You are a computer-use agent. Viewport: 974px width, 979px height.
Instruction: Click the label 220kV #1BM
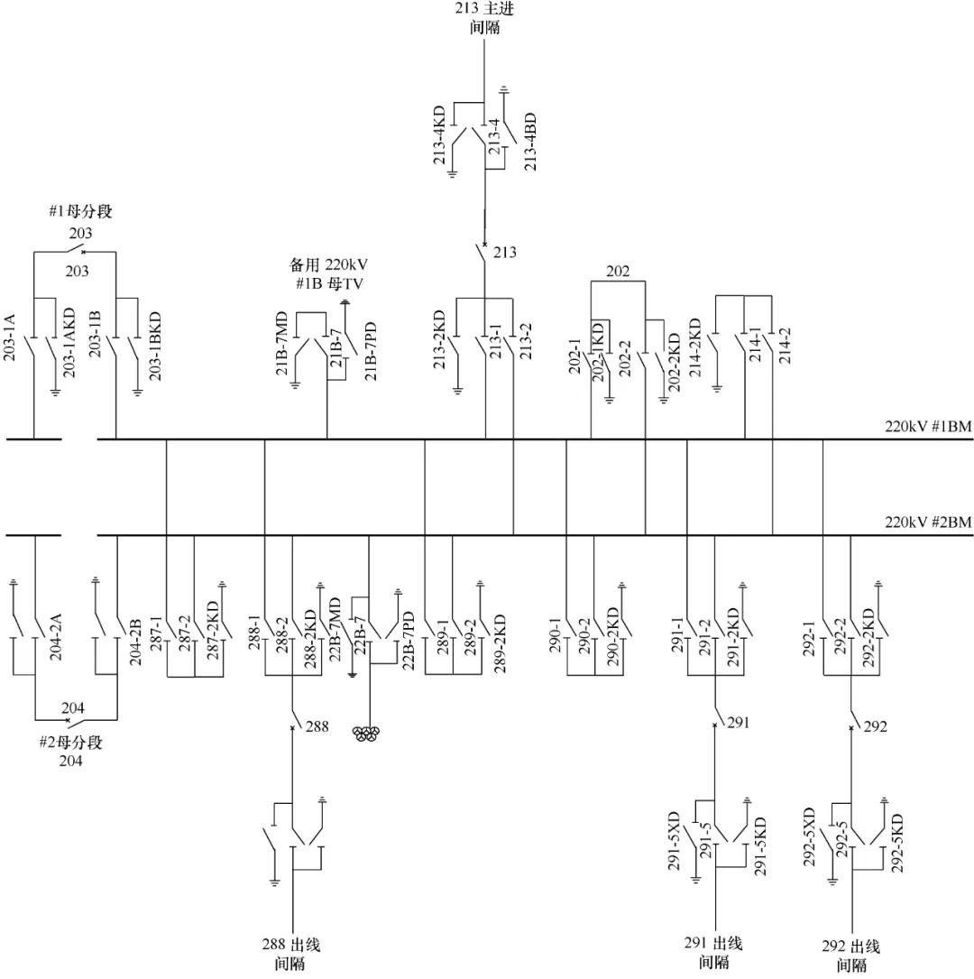pyautogui.click(x=927, y=427)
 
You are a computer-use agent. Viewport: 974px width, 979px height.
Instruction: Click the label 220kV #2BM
pyautogui.click(x=927, y=522)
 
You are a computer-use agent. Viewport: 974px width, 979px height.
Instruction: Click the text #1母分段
pyautogui.click(x=80, y=213)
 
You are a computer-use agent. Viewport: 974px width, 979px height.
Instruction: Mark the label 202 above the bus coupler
pyautogui.click(x=618, y=271)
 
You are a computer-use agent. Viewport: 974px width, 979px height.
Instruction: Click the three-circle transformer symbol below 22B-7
pyautogui.click(x=368, y=734)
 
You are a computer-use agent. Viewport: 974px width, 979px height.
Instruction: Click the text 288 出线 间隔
pyautogui.click(x=290, y=955)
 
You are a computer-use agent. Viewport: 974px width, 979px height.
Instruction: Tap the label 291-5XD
pyautogui.click(x=674, y=842)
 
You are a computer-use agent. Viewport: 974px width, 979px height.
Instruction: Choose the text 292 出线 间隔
pyautogui.click(x=850, y=956)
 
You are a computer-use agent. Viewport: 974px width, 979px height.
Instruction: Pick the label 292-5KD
pyautogui.click(x=897, y=843)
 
